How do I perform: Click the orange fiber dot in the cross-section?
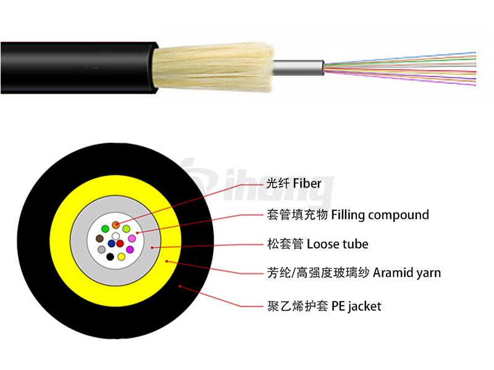pyautogui.click(x=115, y=225)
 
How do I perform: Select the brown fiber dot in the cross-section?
pyautogui.click(x=99, y=238)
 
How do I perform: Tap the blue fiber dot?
pyautogui.click(x=111, y=244)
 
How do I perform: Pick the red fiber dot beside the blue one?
pyautogui.click(x=120, y=244)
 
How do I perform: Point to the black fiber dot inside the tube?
pyautogui.click(x=110, y=257)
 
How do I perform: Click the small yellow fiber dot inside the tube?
pyautogui.click(x=121, y=257)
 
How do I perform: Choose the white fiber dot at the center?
pyautogui.click(x=115, y=236)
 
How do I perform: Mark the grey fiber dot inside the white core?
pyautogui.click(x=101, y=250)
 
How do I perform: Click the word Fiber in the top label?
pyautogui.click(x=307, y=183)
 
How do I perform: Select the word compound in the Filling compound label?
pyautogui.click(x=398, y=215)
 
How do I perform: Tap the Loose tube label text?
pyautogui.click(x=337, y=244)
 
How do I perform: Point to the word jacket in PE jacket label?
pyautogui.click(x=365, y=306)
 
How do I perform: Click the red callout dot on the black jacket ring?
pyautogui.click(x=180, y=286)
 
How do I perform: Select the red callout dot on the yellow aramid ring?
pyautogui.click(x=167, y=261)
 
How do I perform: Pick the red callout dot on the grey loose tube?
pyautogui.click(x=152, y=248)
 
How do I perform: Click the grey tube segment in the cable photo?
pyautogui.click(x=298, y=68)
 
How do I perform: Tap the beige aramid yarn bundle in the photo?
pyautogui.click(x=214, y=67)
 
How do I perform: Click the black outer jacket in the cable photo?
pyautogui.click(x=79, y=68)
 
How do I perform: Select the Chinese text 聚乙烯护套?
pyautogui.click(x=298, y=306)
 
